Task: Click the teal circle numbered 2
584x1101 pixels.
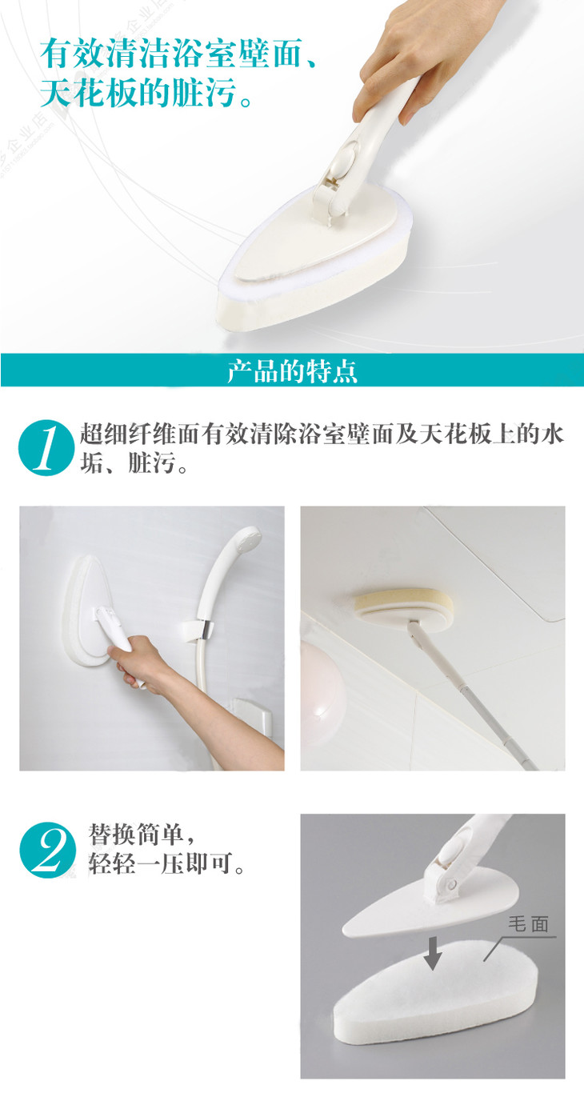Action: pos(48,851)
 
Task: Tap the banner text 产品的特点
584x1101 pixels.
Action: pos(292,371)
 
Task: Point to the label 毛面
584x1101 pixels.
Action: pos(529,924)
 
